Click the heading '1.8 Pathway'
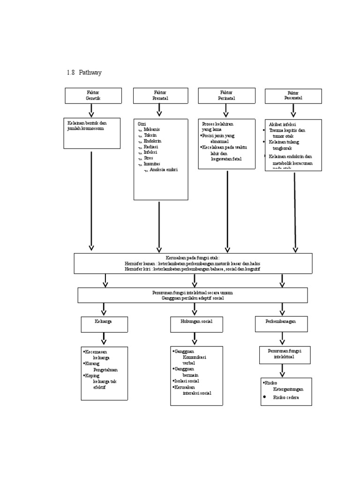(84, 73)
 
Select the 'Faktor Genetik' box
(93, 96)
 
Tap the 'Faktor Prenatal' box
(160, 96)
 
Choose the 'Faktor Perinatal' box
(226, 96)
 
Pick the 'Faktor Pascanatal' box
(293, 96)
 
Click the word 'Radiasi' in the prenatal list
(151, 146)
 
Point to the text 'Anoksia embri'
(164, 170)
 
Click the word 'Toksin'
(150, 135)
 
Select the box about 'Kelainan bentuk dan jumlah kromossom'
(92, 133)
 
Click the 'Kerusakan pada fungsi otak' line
(193, 258)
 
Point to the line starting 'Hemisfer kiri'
(193, 270)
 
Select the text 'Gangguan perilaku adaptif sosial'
(193, 298)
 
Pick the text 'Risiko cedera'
(286, 397)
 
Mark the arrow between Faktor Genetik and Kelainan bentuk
(91, 111)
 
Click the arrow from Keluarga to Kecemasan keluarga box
(104, 339)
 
